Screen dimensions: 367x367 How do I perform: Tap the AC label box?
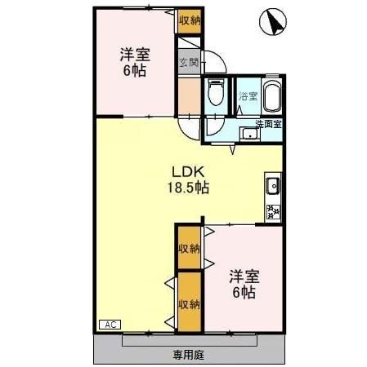point(109,325)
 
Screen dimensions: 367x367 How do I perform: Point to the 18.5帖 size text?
point(189,188)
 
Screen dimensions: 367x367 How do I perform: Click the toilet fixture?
point(216,95)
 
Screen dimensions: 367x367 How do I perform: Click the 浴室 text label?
point(248,97)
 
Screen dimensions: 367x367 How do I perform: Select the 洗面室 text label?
point(268,124)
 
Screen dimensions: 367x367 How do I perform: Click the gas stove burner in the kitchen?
point(273,212)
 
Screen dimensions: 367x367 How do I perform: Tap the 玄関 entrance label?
point(188,62)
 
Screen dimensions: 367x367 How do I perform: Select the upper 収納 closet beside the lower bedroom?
point(189,249)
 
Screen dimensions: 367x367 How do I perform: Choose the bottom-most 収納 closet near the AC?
point(189,304)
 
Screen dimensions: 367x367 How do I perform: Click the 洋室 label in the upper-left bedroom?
point(135,55)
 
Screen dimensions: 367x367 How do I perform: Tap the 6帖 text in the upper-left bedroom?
point(135,71)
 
